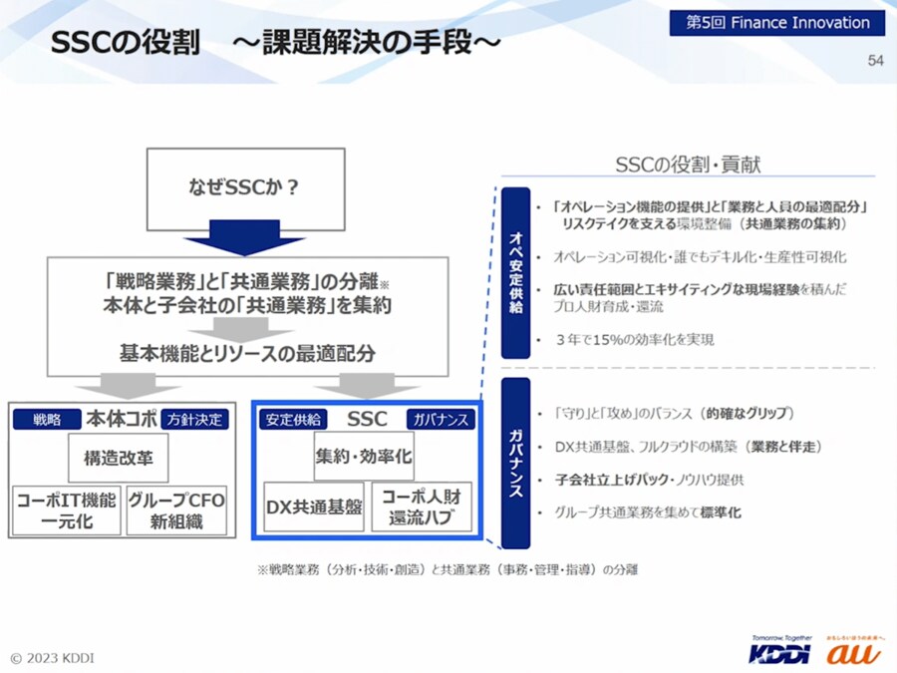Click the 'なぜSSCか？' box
[x=245, y=185]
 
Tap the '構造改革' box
[x=119, y=458]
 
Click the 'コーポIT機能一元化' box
[x=66, y=509]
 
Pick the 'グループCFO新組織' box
[x=176, y=509]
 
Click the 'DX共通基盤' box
[x=314, y=507]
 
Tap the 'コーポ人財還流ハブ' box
[x=421, y=507]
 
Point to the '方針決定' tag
[x=195, y=420]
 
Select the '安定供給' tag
[x=291, y=420]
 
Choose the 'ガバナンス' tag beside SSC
[x=439, y=420]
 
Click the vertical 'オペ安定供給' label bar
[x=515, y=273]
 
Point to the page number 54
[x=875, y=61]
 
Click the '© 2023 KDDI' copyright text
[x=53, y=658]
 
